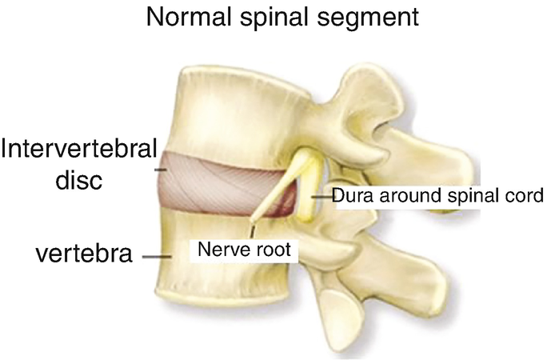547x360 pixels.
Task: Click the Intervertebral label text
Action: click(78, 150)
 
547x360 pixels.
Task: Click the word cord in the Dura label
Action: click(525, 195)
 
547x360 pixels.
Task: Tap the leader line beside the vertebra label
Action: click(156, 257)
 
